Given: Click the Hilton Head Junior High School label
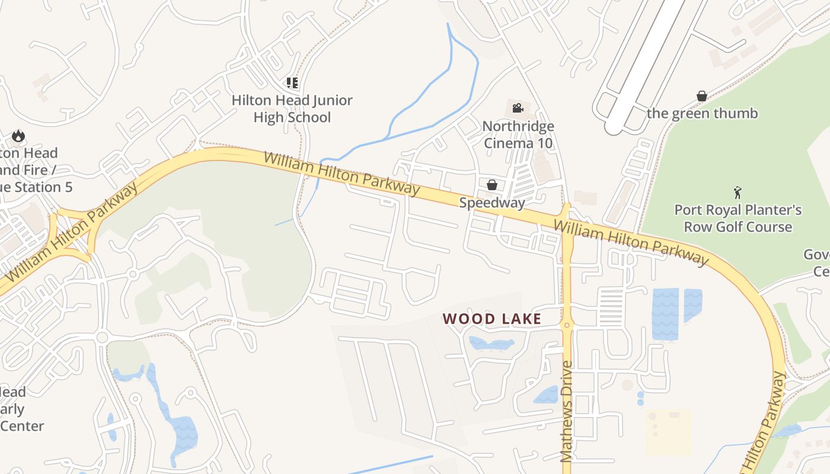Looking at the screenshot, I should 292,109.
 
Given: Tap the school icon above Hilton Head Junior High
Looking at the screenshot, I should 292,82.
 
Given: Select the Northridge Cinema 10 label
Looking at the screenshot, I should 518,134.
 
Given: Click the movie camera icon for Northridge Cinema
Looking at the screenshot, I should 518,108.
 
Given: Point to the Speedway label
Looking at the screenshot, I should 492,203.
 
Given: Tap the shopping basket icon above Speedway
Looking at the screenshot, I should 491,185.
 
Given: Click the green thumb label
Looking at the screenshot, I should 702,113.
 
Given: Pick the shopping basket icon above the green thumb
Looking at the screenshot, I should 702,96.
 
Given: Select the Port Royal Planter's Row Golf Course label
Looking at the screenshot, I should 738,218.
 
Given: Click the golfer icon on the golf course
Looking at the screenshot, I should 738,193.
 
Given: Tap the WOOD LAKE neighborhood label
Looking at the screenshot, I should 491,319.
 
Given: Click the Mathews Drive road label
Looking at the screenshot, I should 567,411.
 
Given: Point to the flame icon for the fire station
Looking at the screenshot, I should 18,136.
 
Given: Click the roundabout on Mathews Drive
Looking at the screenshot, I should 567,325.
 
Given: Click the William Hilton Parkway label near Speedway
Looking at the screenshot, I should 341,174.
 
